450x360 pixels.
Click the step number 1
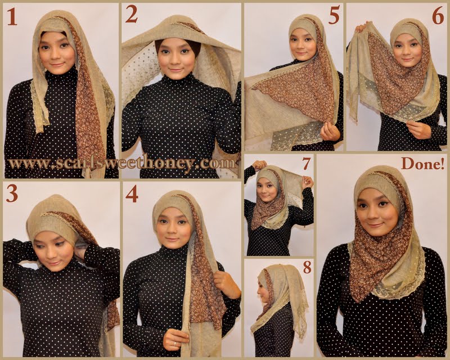[x=12, y=17]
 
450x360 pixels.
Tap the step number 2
[x=132, y=15]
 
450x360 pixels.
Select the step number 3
[x=12, y=195]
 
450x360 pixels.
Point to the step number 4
[x=132, y=195]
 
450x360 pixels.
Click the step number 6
[x=438, y=17]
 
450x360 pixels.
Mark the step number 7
[x=306, y=164]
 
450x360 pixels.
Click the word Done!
[x=422, y=164]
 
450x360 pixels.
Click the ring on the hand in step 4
[x=174, y=343]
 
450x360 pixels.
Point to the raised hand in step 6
[x=361, y=28]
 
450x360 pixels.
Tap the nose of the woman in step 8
[x=259, y=293]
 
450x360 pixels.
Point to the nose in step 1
[x=55, y=55]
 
